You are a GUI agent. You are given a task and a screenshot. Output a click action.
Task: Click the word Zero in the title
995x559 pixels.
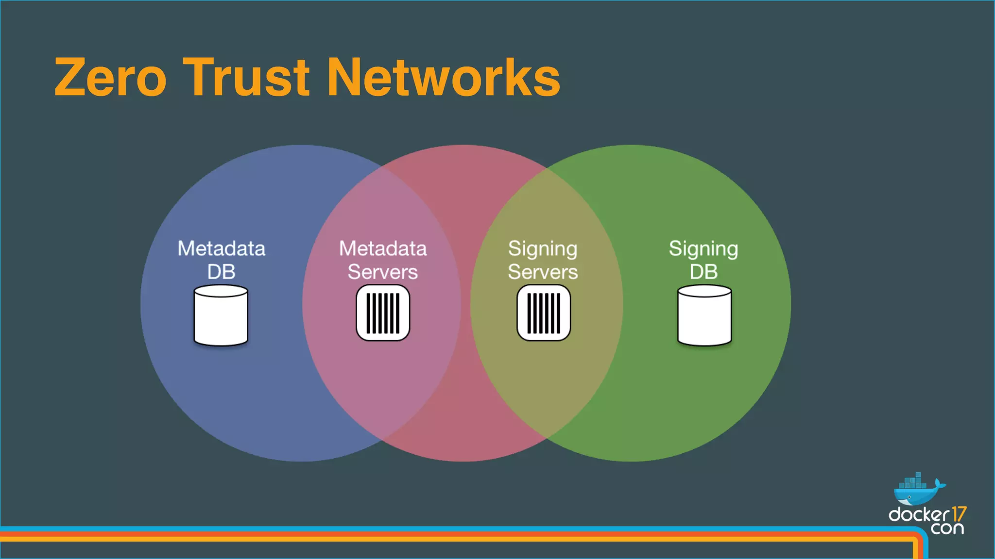(x=110, y=78)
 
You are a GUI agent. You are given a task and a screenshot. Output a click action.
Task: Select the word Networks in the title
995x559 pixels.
(x=444, y=78)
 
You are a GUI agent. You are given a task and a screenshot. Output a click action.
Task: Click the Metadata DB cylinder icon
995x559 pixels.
(x=221, y=315)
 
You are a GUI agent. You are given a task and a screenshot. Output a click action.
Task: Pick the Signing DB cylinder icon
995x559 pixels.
(x=704, y=315)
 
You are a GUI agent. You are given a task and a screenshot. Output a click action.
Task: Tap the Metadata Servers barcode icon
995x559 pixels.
(x=383, y=313)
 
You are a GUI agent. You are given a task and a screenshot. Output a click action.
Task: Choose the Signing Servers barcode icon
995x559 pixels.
(x=544, y=313)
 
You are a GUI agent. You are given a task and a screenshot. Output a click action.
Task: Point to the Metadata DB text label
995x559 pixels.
(x=222, y=260)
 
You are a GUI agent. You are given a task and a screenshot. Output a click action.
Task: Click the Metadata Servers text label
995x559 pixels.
(x=383, y=260)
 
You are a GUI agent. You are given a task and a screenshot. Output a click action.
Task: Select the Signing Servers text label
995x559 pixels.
(x=543, y=260)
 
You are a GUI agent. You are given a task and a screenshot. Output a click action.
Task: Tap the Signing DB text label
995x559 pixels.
(x=703, y=260)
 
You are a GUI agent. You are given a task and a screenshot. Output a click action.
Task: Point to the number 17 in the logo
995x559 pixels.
(x=959, y=514)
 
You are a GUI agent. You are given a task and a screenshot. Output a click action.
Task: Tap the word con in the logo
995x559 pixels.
(x=947, y=528)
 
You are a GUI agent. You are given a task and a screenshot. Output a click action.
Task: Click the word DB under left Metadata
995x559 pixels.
(x=222, y=272)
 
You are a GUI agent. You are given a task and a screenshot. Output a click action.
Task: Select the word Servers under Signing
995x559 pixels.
(x=543, y=272)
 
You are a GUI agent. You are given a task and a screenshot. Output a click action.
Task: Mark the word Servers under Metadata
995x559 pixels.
(x=383, y=272)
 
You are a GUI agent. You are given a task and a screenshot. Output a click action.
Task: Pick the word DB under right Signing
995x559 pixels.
(x=703, y=272)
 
